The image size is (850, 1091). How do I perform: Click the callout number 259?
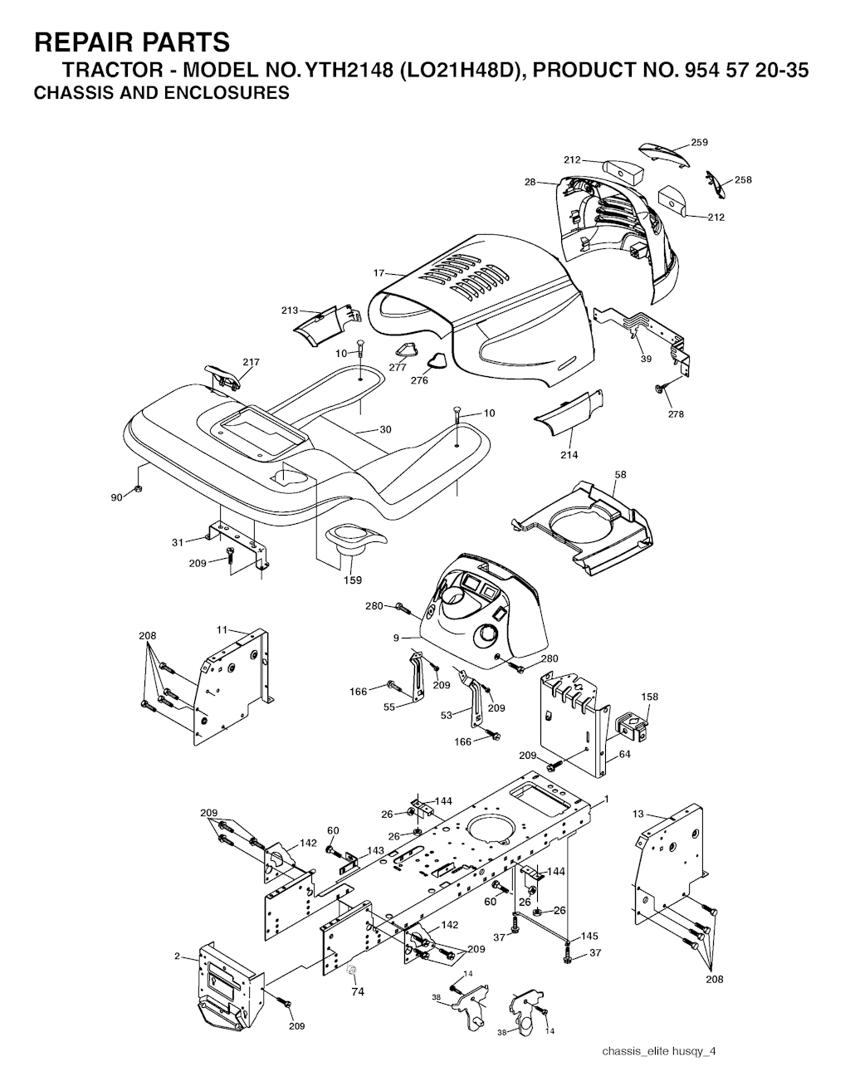click(699, 143)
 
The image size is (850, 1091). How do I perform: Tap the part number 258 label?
click(743, 179)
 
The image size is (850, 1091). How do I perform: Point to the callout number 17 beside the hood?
click(379, 273)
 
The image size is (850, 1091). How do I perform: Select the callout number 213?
click(290, 311)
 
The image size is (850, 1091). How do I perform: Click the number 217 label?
click(251, 362)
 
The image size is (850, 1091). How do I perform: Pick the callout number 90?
click(116, 497)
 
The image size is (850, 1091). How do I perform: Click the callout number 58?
click(621, 474)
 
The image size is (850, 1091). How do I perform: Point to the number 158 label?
click(650, 697)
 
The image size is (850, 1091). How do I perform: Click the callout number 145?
click(589, 937)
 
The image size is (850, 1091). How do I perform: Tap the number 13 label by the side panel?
click(637, 814)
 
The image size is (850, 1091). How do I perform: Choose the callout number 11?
click(222, 629)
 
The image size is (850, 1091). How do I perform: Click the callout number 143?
click(375, 850)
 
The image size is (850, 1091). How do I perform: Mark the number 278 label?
click(676, 414)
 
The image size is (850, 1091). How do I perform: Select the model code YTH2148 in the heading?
click(348, 71)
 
